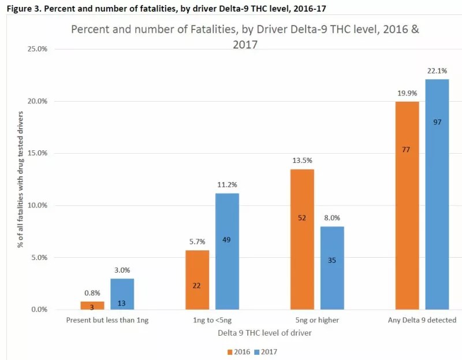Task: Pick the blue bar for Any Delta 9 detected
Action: coord(437,194)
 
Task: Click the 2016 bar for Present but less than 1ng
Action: coord(91,306)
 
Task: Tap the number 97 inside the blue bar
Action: coord(437,122)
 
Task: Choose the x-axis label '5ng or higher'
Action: coord(315,320)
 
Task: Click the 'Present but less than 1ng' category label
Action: coord(107,320)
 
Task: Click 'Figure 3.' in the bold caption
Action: coord(18,6)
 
